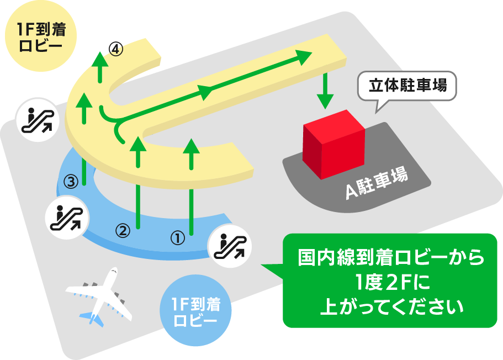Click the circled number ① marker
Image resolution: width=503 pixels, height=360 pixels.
(x=177, y=239)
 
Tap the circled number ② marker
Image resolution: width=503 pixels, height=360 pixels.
(x=123, y=230)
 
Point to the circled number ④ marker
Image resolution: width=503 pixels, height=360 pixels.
(x=115, y=49)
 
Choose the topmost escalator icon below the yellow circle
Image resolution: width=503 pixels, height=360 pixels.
(x=36, y=119)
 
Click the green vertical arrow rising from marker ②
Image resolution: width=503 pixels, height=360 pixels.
(x=138, y=182)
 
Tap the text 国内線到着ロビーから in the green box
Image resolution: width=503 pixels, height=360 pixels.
(x=390, y=257)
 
